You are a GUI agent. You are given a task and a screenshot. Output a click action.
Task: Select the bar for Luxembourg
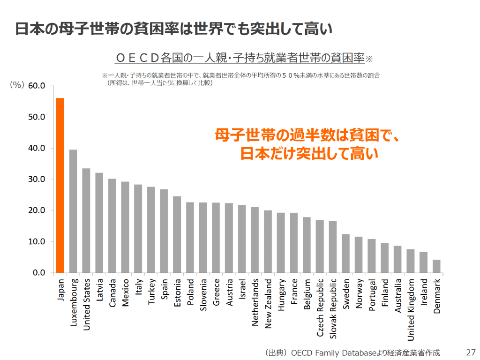tap(73, 211)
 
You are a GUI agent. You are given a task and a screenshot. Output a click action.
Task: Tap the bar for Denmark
tap(436, 266)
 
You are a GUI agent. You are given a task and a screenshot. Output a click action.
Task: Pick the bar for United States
tap(86, 220)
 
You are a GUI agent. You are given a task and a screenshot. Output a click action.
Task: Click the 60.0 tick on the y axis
tap(36, 86)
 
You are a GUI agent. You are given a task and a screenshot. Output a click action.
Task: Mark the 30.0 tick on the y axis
tap(36, 179)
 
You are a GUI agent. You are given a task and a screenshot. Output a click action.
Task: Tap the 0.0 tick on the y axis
tap(38, 273)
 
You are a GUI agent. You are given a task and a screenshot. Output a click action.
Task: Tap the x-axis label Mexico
tap(125, 293)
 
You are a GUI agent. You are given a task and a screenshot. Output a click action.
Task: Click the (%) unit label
tap(17, 85)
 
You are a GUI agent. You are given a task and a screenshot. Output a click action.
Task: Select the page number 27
tap(471, 352)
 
